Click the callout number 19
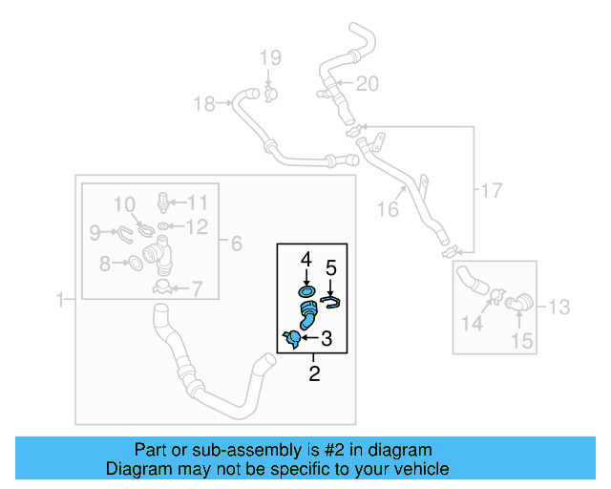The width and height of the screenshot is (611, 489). tap(268, 57)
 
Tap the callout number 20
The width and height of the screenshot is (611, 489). tap(367, 84)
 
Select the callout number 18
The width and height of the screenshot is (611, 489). tap(204, 103)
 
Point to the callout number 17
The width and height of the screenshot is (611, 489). tap(490, 191)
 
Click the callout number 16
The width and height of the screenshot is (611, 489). tap(388, 209)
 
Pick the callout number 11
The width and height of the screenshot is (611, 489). tap(197, 202)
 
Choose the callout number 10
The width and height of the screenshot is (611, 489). tap(125, 204)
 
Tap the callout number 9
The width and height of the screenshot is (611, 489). tap(95, 231)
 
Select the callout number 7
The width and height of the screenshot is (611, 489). tap(198, 287)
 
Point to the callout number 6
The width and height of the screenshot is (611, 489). tap(236, 244)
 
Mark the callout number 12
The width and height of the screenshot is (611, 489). tap(197, 226)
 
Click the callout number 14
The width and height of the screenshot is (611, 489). tap(472, 324)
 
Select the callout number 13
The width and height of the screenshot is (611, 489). tap(558, 307)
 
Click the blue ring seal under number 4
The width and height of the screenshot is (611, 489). tap(307, 290)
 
